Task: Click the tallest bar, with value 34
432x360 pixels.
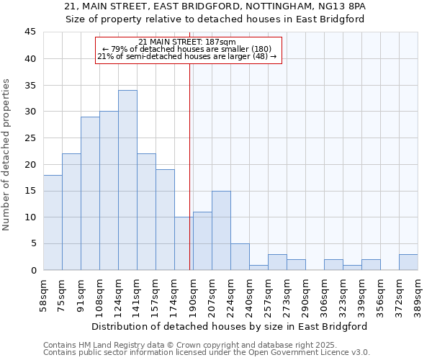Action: pos(127,180)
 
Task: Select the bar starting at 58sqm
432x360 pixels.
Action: pos(53,222)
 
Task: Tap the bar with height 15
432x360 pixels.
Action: pos(221,230)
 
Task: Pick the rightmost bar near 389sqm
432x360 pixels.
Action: pos(408,262)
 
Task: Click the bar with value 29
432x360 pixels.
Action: pos(90,193)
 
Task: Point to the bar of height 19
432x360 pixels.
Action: pos(165,220)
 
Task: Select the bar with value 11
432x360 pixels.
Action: pos(202,240)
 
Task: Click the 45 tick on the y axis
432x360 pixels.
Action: pos(30,32)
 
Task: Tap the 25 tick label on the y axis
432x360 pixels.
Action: pos(30,138)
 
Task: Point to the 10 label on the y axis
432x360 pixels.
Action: pos(30,217)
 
